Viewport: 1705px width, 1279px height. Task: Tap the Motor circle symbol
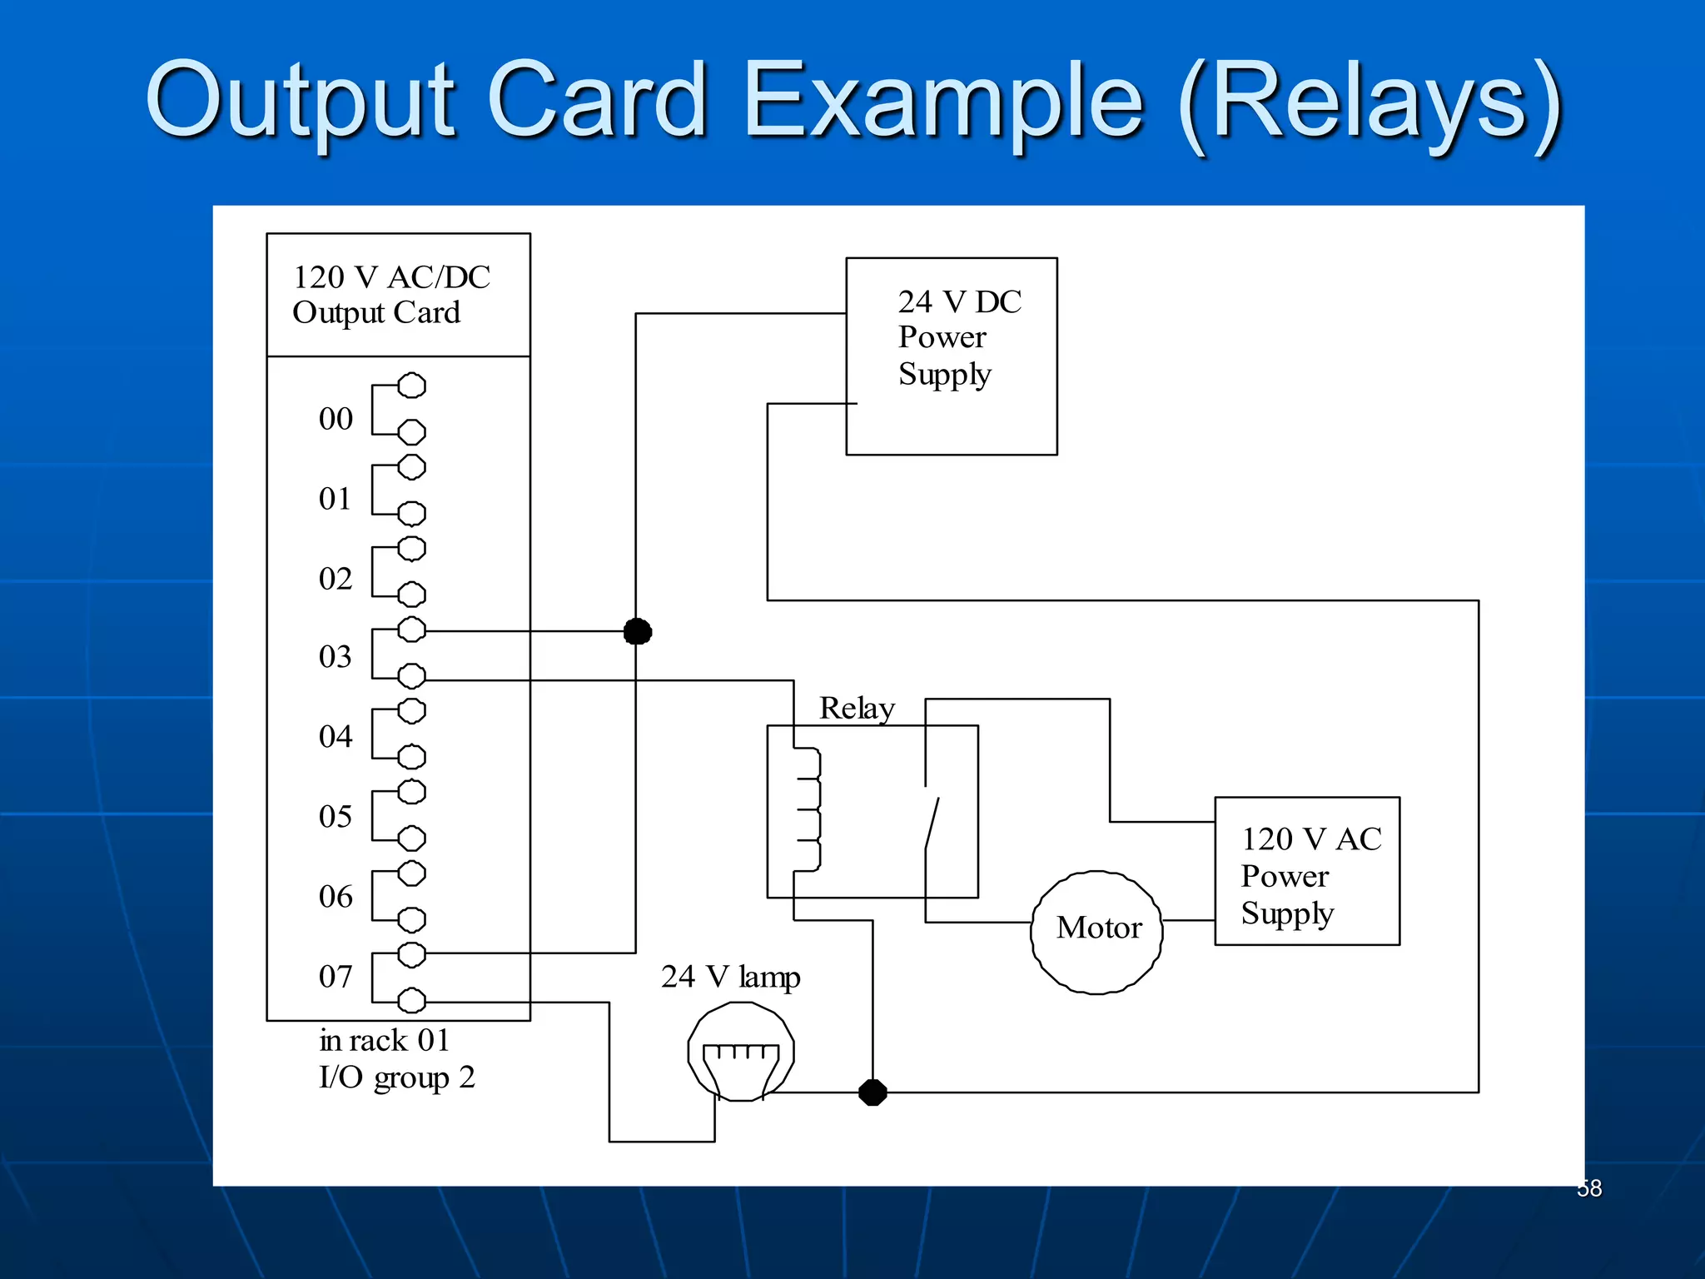click(x=1097, y=932)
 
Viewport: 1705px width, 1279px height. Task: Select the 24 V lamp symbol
click(x=740, y=1052)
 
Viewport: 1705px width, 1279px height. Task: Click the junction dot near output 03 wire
click(x=638, y=632)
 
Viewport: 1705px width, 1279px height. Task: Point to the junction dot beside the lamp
click(x=872, y=1092)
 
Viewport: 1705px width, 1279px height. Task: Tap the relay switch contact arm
click(x=932, y=824)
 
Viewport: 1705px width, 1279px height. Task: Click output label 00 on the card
click(x=336, y=419)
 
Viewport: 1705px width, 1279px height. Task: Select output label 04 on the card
click(x=336, y=737)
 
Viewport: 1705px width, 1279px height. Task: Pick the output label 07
click(x=336, y=977)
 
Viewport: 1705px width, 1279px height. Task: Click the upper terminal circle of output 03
click(x=411, y=630)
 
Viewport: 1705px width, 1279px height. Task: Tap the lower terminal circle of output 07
click(x=411, y=1000)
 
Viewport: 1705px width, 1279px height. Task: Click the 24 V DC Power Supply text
click(x=957, y=338)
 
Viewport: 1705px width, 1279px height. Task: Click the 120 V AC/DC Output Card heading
click(x=391, y=295)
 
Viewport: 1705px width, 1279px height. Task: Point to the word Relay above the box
click(x=857, y=709)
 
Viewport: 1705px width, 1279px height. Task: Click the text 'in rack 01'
click(x=384, y=1041)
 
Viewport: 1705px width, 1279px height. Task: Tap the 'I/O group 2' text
click(x=396, y=1077)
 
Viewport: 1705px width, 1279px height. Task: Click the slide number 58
click(x=1589, y=1188)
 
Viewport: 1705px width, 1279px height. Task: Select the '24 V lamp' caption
click(x=730, y=977)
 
